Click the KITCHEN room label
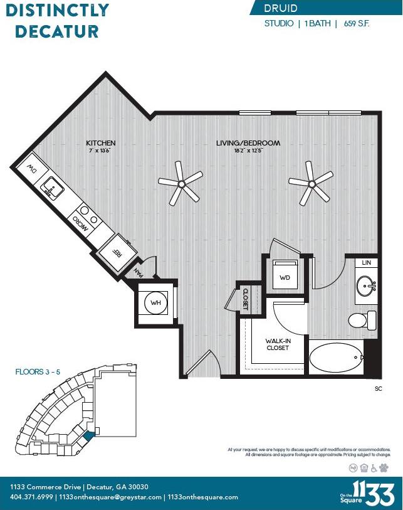(x=101, y=143)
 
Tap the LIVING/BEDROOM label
(x=248, y=143)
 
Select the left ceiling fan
(x=181, y=183)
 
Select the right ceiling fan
(x=311, y=183)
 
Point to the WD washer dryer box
(x=285, y=277)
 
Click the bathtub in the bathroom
(x=336, y=358)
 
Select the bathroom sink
(x=365, y=287)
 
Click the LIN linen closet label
(x=367, y=262)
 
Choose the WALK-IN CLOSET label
(x=277, y=344)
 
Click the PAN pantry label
(x=141, y=272)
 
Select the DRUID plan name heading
(x=281, y=8)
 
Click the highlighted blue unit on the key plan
(x=88, y=434)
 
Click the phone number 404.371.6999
(x=30, y=497)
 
